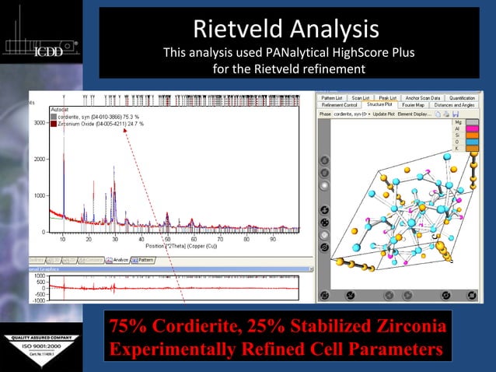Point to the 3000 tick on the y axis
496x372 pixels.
(39, 123)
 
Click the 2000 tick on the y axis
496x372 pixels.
(39, 160)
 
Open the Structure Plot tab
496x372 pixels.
(379, 104)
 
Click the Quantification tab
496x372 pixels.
(457, 97)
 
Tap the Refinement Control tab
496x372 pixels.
(340, 104)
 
